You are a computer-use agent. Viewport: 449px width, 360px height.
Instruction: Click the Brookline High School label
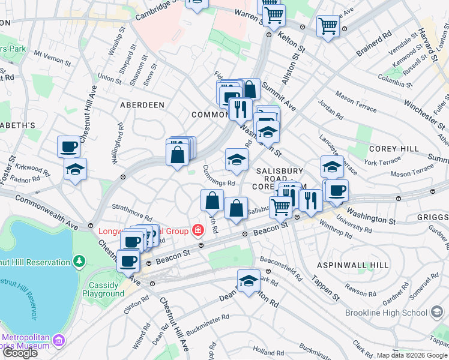click(387, 313)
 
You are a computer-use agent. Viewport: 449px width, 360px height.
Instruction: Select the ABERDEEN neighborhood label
click(142, 104)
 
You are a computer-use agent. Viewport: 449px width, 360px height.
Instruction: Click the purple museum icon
click(59, 341)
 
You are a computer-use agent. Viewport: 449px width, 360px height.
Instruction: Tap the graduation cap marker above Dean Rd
click(249, 280)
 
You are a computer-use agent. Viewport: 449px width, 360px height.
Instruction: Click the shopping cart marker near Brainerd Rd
click(328, 25)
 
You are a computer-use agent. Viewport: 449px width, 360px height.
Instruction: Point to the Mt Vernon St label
click(53, 58)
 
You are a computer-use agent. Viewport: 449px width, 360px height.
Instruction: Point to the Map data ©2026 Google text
click(412, 355)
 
